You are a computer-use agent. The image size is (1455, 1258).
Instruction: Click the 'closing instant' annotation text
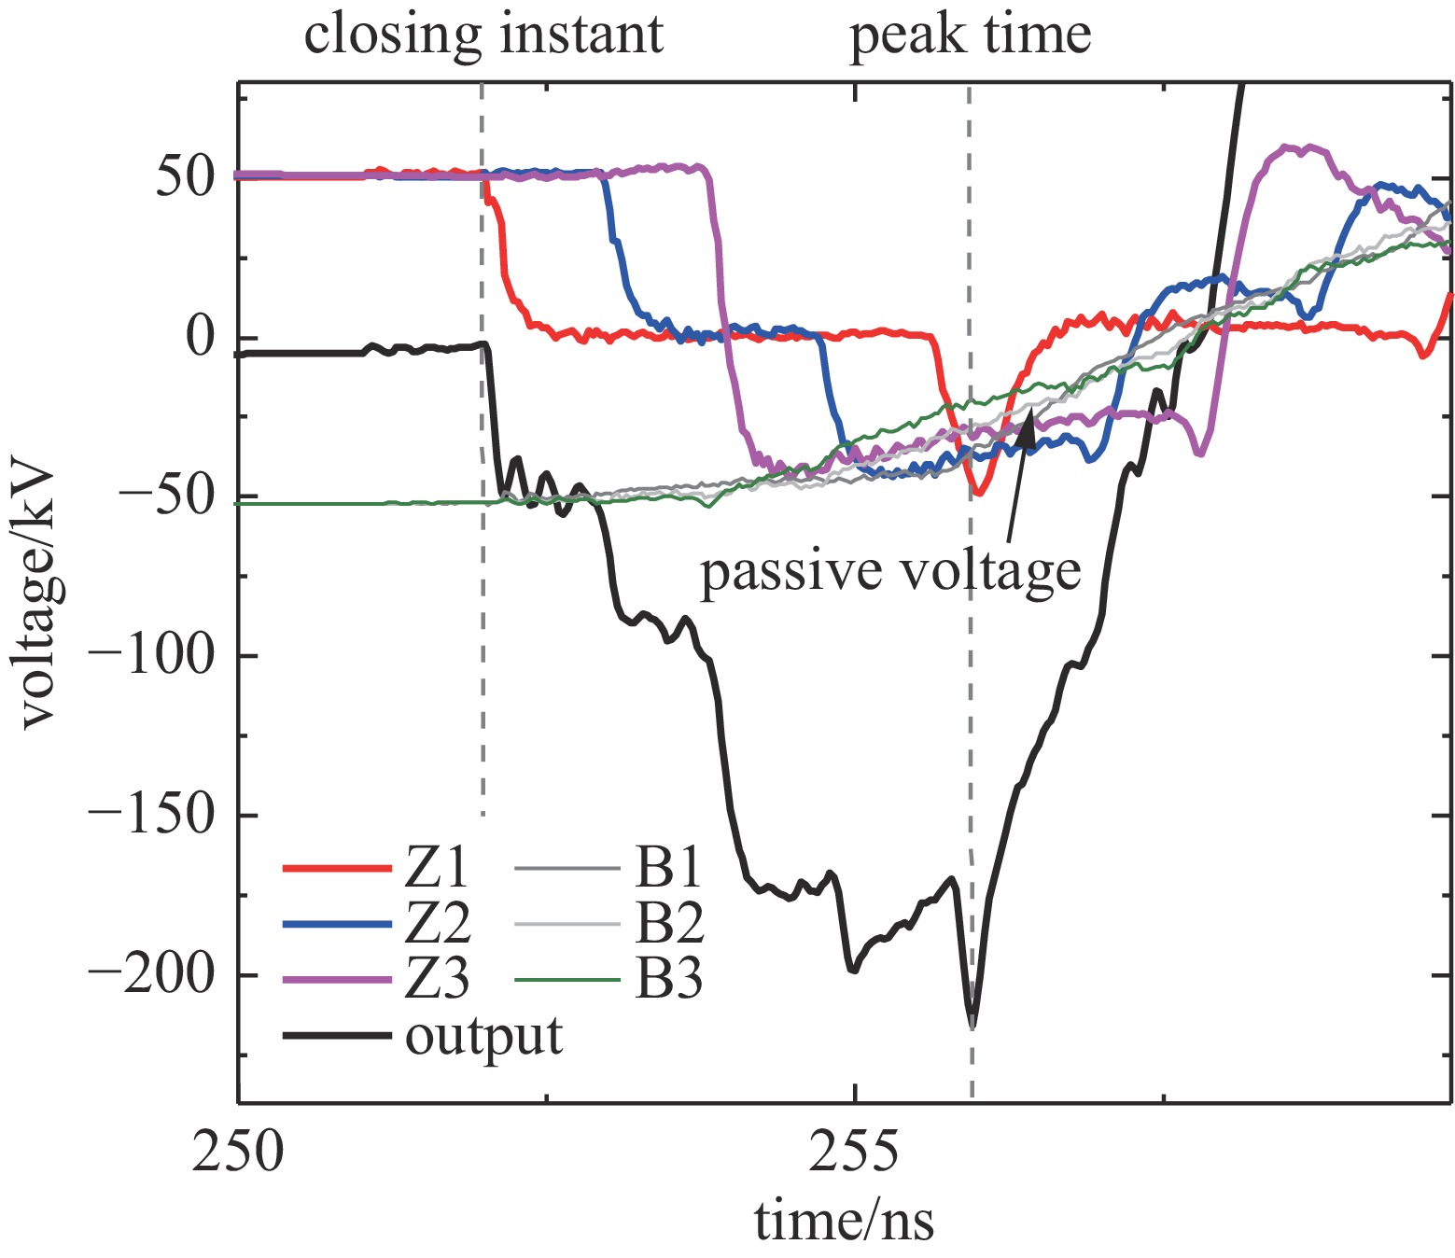point(483,35)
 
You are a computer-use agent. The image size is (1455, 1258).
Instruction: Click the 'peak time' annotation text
point(970,35)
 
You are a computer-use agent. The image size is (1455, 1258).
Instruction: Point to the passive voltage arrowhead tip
point(1031,411)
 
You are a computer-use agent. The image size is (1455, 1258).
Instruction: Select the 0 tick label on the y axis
point(201,337)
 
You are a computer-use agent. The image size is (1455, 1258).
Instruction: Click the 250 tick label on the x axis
point(238,1152)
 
